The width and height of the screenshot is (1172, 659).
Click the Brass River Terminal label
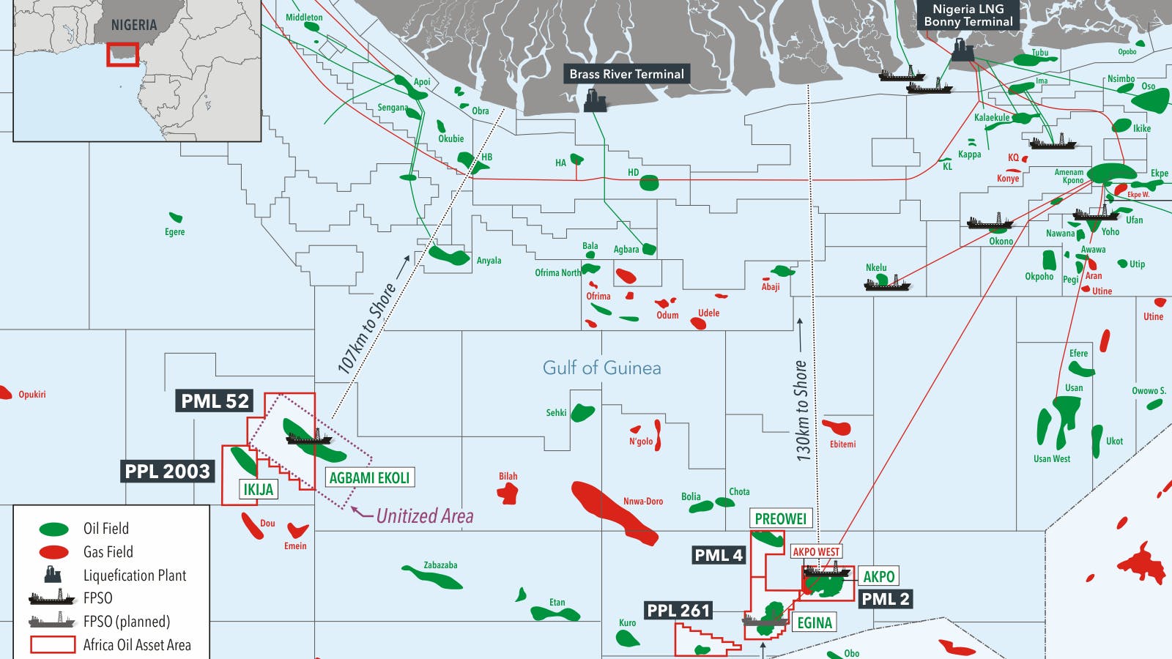point(626,74)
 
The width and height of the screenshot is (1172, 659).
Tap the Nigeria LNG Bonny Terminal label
point(968,15)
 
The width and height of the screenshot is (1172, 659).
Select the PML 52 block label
point(215,401)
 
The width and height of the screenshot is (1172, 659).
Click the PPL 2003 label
point(168,472)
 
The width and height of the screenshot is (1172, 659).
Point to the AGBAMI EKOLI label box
point(369,478)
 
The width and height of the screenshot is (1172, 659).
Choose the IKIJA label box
point(259,489)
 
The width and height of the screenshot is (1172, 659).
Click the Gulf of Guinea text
point(601,368)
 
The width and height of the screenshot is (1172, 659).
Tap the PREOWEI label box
point(780,519)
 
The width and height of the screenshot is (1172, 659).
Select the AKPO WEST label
point(816,552)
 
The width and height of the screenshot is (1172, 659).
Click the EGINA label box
point(815,623)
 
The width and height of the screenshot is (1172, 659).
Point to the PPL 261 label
point(678,611)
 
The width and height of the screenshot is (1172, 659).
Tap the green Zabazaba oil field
point(434,578)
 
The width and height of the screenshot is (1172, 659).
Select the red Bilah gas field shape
point(507,494)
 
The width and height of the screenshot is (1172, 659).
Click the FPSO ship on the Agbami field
point(308,438)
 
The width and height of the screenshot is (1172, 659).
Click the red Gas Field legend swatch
point(53,552)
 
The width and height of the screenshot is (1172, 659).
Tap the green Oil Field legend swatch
point(53,529)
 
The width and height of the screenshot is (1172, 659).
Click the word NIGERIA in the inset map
point(133,25)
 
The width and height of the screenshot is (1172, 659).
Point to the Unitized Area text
point(424,516)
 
